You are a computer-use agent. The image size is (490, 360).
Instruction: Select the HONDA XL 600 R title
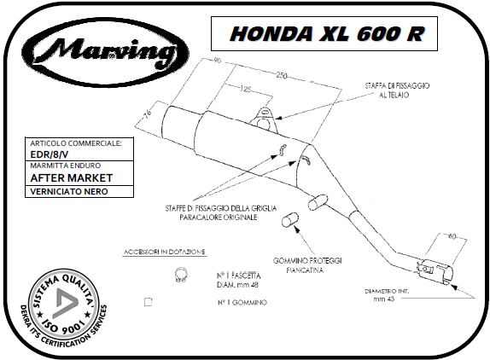[x=327, y=34]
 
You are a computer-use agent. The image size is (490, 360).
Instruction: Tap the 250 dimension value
[x=281, y=76]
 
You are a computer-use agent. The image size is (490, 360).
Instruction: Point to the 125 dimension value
[x=246, y=90]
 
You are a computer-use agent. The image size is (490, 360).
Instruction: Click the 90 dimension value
[x=217, y=60]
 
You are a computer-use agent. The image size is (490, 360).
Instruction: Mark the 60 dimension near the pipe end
[x=452, y=236]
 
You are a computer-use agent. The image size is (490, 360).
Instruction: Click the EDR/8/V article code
[x=50, y=154]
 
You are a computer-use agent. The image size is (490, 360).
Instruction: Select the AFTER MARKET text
[x=71, y=178]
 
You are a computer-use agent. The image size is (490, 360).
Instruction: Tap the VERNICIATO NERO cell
[x=79, y=191]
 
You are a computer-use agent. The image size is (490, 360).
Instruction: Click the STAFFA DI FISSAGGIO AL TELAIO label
[x=397, y=90]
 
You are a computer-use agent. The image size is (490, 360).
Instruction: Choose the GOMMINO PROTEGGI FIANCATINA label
[x=307, y=265]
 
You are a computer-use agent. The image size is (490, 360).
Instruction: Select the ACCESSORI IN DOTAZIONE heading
[x=165, y=252]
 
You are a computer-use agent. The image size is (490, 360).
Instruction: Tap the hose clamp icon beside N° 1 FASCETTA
[x=181, y=275]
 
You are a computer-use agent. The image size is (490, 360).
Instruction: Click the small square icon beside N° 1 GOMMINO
[x=149, y=302]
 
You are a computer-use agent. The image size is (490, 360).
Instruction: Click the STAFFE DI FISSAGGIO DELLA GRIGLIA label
[x=221, y=212]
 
